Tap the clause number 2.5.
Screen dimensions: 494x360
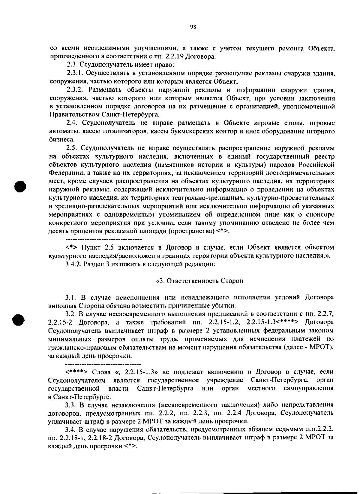pyautogui.click(x=72, y=148)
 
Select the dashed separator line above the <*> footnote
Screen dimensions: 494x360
pyautogui.click(x=103, y=240)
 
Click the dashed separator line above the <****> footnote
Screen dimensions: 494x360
pyautogui.click(x=103, y=364)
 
